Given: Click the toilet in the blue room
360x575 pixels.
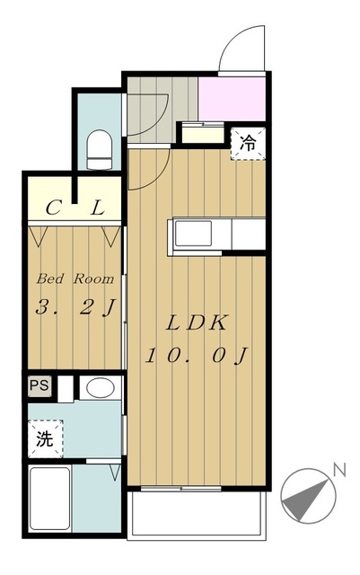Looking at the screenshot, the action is [x=99, y=150].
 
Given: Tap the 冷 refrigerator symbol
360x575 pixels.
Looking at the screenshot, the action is [x=248, y=144].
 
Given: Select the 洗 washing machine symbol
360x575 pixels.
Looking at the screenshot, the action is [x=46, y=438].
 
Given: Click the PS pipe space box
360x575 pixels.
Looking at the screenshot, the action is [x=40, y=385].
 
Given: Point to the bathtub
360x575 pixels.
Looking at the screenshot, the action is [x=50, y=498].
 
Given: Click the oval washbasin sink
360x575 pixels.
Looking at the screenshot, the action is [x=100, y=388].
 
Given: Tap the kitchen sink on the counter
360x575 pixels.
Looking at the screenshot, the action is [x=193, y=233].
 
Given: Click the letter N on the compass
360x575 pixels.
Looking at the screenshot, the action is [x=339, y=470].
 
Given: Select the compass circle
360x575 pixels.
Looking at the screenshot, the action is [x=308, y=496].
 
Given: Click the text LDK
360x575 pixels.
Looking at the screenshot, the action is [x=196, y=323].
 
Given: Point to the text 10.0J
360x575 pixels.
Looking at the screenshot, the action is [x=197, y=356].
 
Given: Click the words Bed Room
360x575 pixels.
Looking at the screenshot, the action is [x=75, y=279].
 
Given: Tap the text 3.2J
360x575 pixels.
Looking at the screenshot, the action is [x=75, y=307].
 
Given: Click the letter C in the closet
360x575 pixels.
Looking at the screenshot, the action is [x=53, y=208].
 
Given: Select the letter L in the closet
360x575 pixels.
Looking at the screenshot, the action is [x=98, y=208].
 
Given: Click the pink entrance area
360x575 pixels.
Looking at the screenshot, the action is [x=232, y=99].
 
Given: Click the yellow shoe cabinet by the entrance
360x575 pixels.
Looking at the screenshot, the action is [x=203, y=134].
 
